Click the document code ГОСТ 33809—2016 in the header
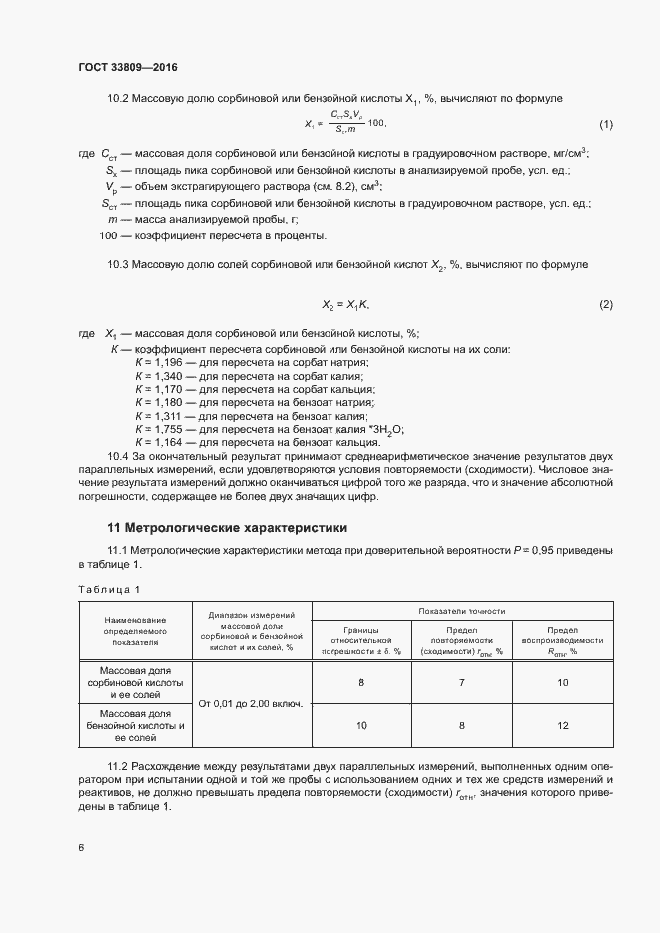pyautogui.click(x=128, y=67)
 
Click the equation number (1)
pyautogui.click(x=605, y=124)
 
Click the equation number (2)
pyautogui.click(x=605, y=303)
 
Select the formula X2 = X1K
pyautogui.click(x=345, y=303)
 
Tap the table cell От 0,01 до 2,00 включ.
pyautogui.click(x=251, y=703)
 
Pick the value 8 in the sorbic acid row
pyautogui.click(x=360, y=682)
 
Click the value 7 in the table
pyautogui.click(x=461, y=682)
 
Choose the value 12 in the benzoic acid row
pyautogui.click(x=562, y=727)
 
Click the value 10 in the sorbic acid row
pyautogui.click(x=562, y=682)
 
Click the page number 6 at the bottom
pyautogui.click(x=81, y=847)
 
